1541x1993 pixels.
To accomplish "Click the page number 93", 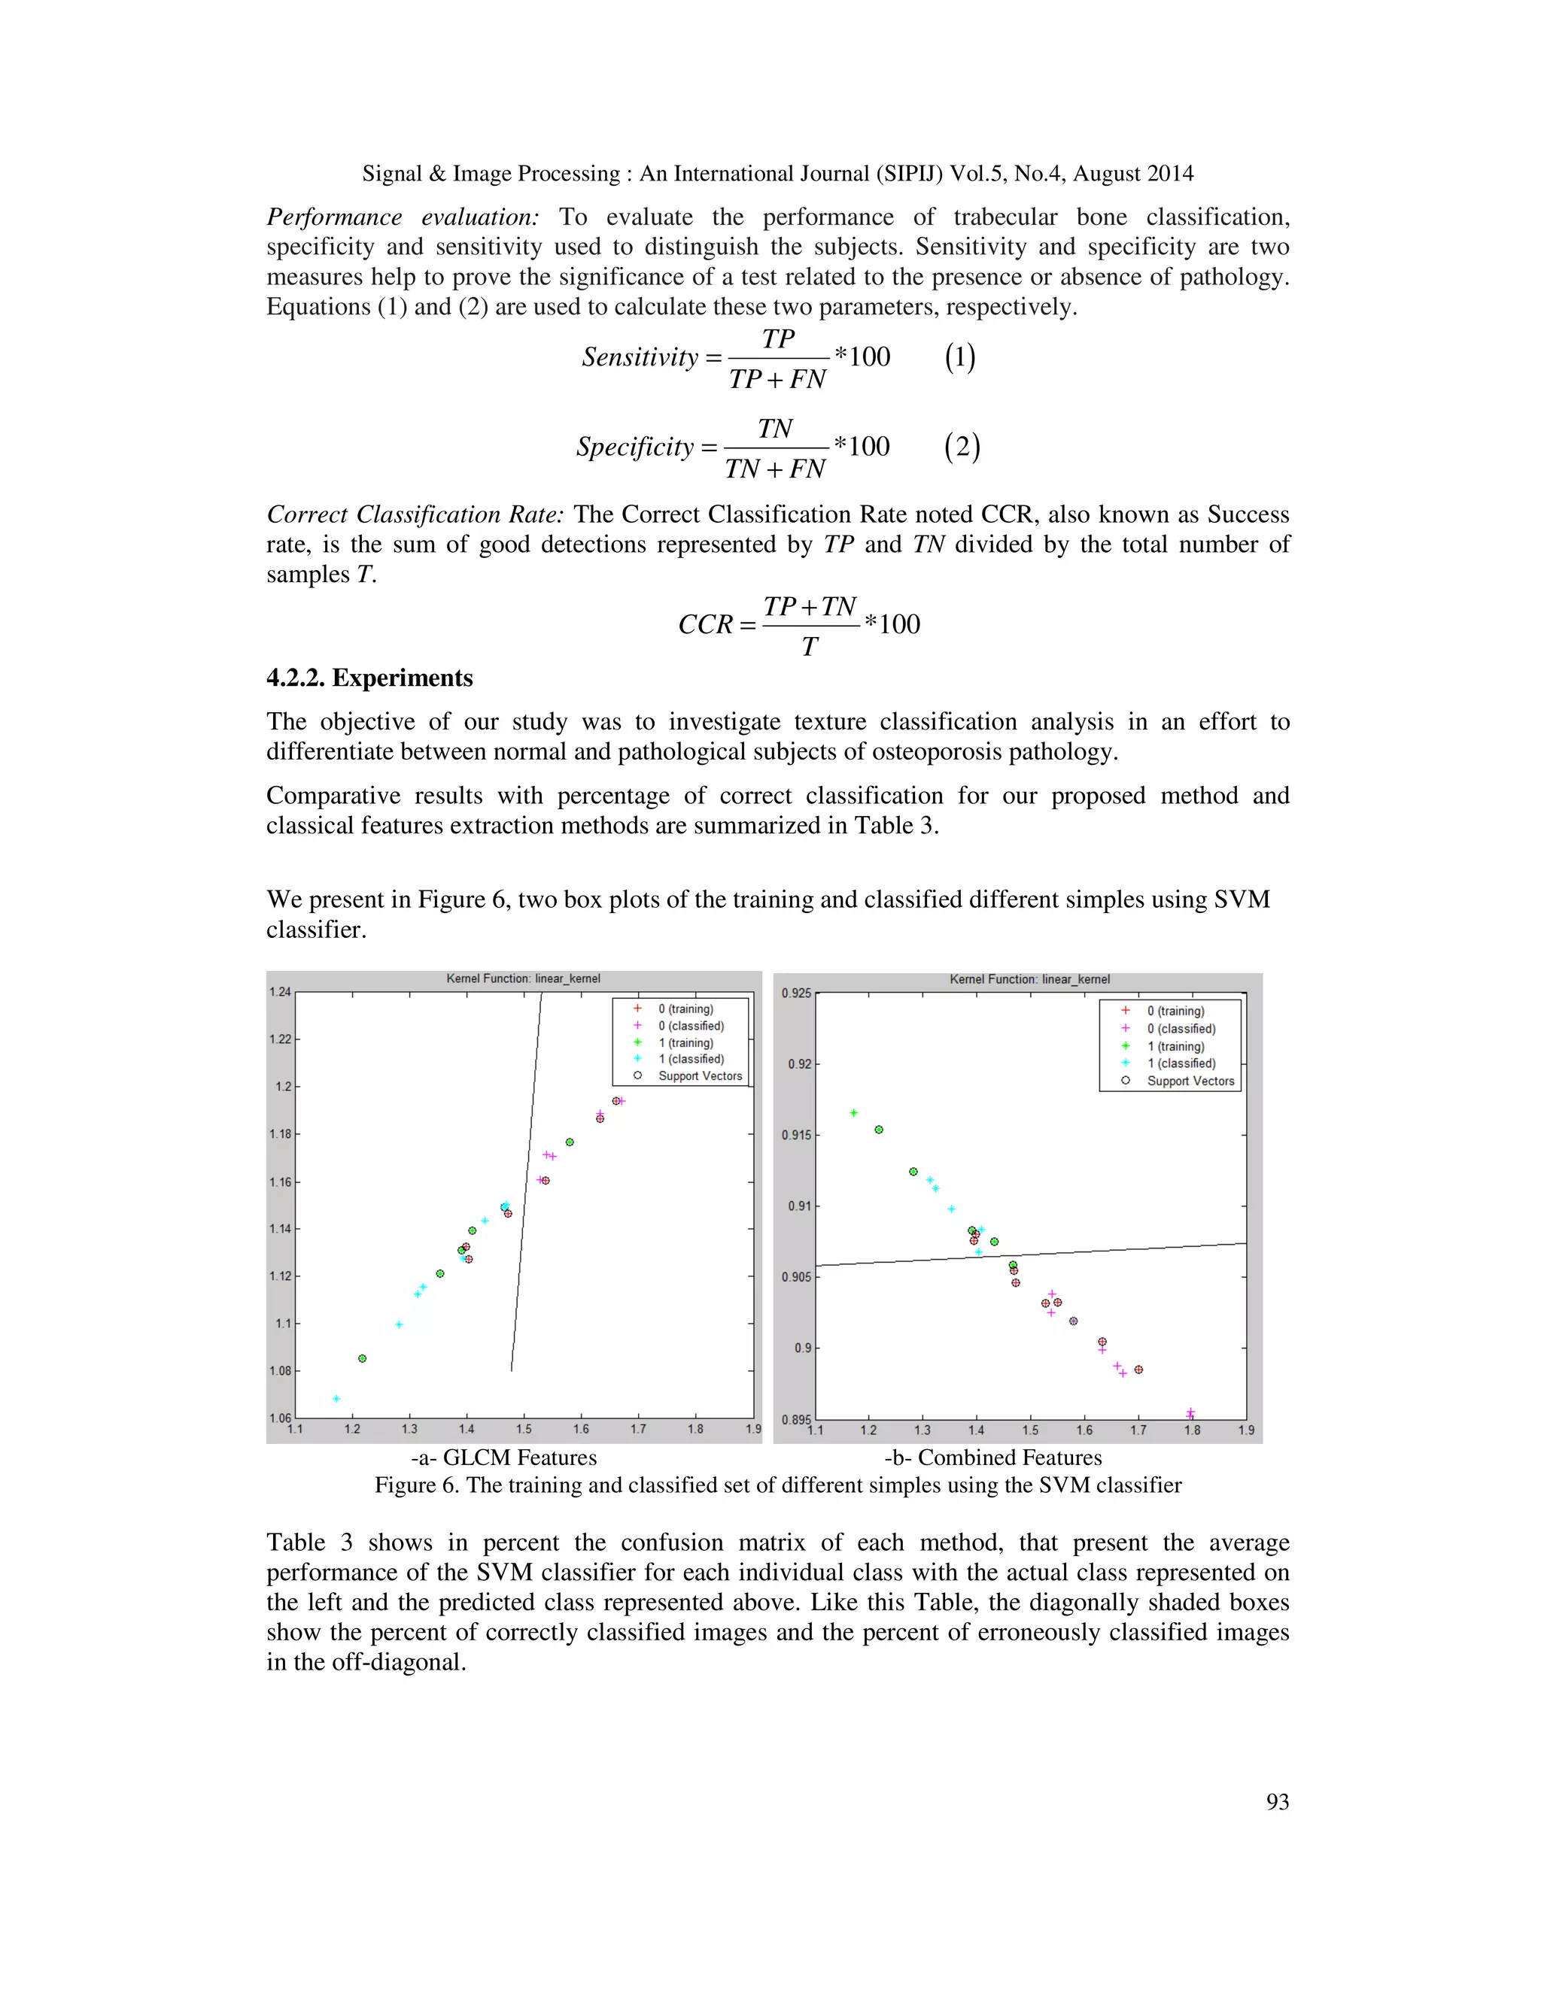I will click(x=1277, y=1801).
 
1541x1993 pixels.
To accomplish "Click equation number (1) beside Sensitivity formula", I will click(x=959, y=356).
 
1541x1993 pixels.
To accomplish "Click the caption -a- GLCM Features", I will click(x=503, y=1458).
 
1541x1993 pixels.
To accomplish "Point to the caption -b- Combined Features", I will click(x=992, y=1458).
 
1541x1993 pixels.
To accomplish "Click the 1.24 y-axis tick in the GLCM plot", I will click(x=279, y=992).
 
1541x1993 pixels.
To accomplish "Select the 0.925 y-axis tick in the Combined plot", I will click(x=795, y=993).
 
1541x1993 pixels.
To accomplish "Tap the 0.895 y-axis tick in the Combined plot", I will click(x=795, y=1419).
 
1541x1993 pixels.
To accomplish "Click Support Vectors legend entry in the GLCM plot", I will click(x=699, y=1076).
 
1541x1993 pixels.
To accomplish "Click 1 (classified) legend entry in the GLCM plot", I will click(x=690, y=1059).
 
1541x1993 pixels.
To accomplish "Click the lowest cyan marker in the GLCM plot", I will click(x=336, y=1399).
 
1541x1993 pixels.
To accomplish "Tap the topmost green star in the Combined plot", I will click(x=853, y=1112).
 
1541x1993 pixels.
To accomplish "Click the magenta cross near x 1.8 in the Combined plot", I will click(x=1190, y=1412).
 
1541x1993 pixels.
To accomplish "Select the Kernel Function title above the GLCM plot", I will click(x=523, y=978).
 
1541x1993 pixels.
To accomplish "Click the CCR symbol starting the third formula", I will click(x=705, y=624).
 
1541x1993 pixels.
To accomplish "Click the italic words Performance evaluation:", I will click(x=402, y=217).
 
